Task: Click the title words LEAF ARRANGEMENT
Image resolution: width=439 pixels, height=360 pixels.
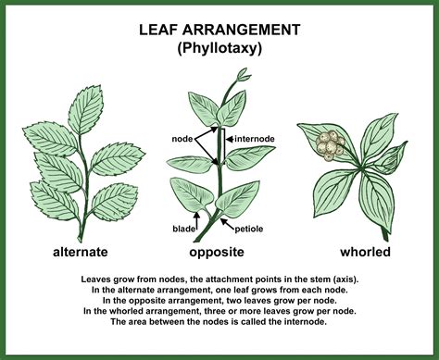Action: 219,31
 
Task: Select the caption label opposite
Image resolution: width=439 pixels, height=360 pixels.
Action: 215,252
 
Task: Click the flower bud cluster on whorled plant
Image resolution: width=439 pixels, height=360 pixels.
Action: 331,144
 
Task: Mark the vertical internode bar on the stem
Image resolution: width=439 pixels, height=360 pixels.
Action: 222,144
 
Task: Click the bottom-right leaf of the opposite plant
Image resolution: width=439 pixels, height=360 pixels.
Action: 240,195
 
